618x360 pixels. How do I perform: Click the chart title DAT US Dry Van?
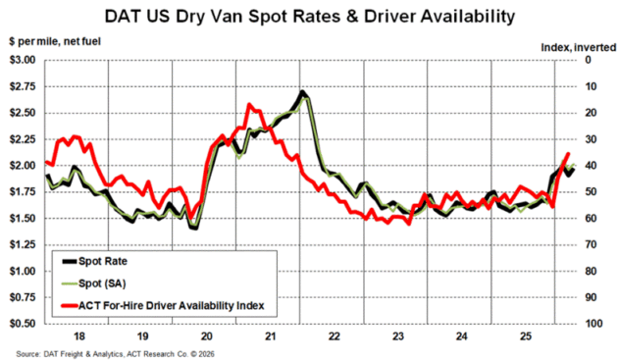click(309, 16)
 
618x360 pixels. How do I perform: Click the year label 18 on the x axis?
click(77, 335)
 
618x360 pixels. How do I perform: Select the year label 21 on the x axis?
click(268, 335)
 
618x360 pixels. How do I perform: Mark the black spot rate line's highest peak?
click(302, 92)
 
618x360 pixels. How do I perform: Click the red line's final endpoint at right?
click(568, 154)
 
